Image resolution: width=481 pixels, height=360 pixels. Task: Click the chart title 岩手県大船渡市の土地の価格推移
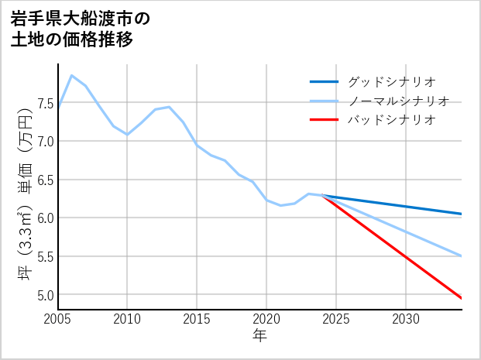(81, 29)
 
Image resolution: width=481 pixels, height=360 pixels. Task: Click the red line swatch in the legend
(324, 120)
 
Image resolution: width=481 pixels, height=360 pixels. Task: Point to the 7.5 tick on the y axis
(43, 104)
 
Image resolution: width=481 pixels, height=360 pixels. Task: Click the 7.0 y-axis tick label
(43, 142)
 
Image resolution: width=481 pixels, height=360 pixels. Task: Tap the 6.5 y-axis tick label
(43, 180)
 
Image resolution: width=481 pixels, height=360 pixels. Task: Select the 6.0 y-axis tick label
(43, 218)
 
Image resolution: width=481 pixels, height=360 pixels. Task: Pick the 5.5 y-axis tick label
(43, 257)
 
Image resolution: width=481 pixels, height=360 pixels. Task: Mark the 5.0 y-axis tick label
(43, 295)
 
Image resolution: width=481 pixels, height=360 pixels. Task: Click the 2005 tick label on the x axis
(58, 319)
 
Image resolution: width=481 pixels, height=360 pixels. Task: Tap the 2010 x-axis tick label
(127, 319)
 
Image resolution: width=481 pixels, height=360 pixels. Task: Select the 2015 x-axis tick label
(197, 319)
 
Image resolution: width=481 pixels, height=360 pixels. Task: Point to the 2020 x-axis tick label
(266, 319)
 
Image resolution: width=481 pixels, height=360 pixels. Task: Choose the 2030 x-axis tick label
(406, 319)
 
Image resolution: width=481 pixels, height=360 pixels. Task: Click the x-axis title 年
(259, 336)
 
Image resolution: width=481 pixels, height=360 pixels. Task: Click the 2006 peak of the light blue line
(72, 75)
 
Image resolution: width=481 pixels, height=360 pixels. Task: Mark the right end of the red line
(462, 298)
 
